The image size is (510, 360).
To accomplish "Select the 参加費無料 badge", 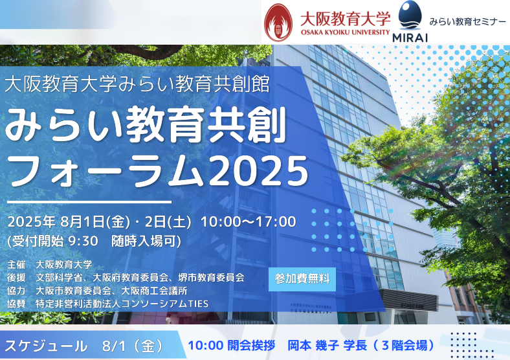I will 302,279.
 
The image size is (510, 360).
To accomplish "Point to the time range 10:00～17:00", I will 249,221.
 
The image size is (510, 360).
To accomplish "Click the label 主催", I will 17,264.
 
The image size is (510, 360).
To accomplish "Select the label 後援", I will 17,277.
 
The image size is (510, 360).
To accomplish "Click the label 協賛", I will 17,304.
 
